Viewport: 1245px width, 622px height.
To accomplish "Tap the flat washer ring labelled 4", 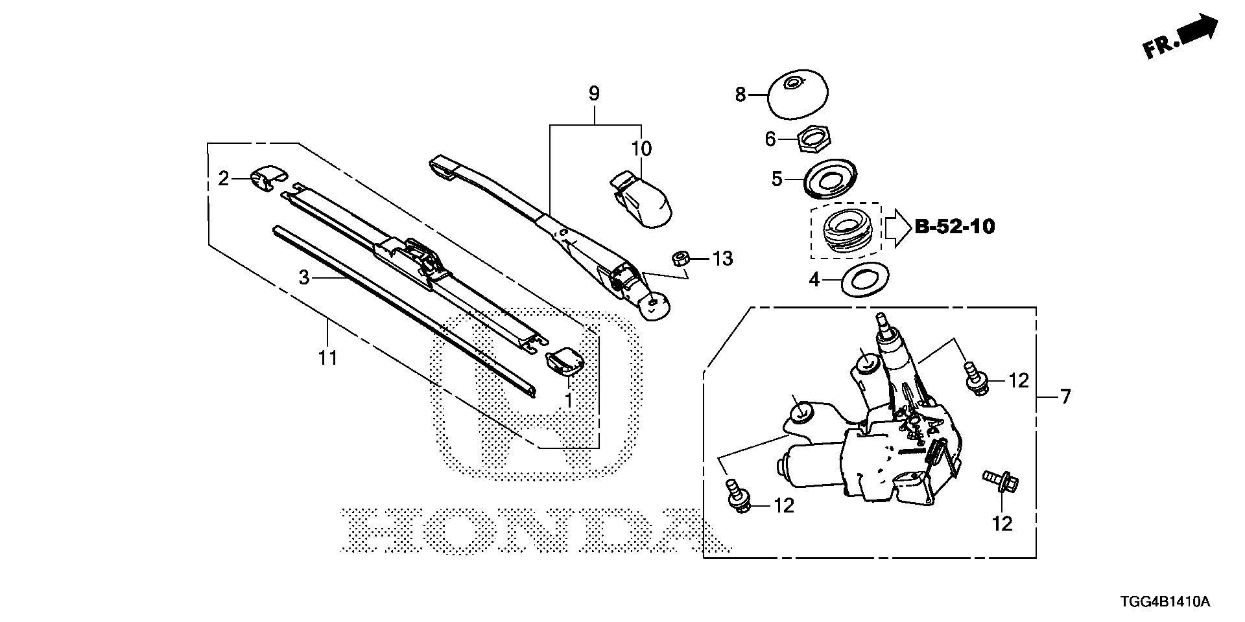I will pyautogui.click(x=865, y=280).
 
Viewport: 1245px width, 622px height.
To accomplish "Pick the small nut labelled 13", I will pyautogui.click(x=681, y=258).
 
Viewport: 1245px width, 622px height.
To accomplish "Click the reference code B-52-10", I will pyautogui.click(x=954, y=227).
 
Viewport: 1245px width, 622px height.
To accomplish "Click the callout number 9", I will pyautogui.click(x=593, y=94).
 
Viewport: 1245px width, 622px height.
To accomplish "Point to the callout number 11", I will pyautogui.click(x=327, y=356).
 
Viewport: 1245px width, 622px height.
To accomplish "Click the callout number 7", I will pyautogui.click(x=1065, y=396).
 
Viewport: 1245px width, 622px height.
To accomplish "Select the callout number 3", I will pyautogui.click(x=304, y=279).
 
